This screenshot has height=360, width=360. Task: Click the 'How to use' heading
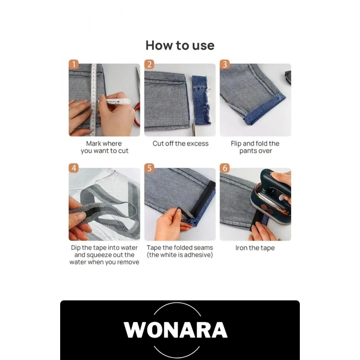coord(180,45)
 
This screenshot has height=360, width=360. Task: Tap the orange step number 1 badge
coord(74,64)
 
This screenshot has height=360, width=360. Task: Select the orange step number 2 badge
coord(149,64)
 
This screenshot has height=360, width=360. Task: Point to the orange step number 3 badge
coord(225,64)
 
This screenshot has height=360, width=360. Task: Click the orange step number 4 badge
coord(74,168)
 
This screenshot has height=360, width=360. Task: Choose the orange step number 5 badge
coord(149,168)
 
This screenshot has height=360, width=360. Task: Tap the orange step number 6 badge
coord(225,168)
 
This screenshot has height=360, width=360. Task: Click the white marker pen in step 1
coord(114,101)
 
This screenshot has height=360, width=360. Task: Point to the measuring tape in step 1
coord(94,100)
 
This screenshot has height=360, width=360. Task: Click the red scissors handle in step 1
coord(137,115)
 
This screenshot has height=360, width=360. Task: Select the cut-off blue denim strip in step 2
coord(202,100)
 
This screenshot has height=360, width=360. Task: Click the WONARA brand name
coord(176,330)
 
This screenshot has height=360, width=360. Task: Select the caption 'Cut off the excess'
coord(181,143)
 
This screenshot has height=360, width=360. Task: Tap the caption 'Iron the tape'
coord(255,248)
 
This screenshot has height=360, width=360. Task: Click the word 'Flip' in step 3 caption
coord(236,143)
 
